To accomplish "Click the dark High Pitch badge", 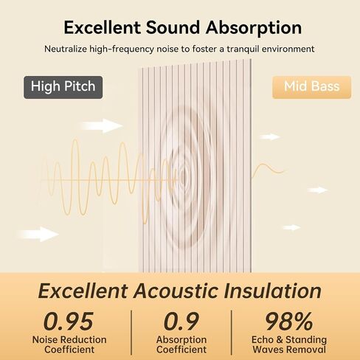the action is (x=63, y=87).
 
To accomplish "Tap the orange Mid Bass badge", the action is (x=311, y=87).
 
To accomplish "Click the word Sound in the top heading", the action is (x=173, y=27).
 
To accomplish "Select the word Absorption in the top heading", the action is (x=254, y=28).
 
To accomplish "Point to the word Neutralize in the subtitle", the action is (x=66, y=49).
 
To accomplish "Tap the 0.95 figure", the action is (x=69, y=321).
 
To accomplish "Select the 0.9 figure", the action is (x=181, y=321).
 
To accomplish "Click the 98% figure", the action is (x=289, y=321).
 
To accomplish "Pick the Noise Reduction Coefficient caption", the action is (x=69, y=345).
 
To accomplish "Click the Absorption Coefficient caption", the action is (x=181, y=345).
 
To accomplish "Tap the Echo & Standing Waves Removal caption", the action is (x=289, y=345).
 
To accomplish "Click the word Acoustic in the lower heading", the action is (x=176, y=291).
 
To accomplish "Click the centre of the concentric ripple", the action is (x=182, y=176).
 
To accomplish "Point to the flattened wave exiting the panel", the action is (x=269, y=170).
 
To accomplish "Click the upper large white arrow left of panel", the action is (x=101, y=125).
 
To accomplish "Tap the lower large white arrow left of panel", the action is (x=38, y=234).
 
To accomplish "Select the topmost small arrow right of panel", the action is (x=270, y=136).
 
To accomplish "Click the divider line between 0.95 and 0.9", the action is (x=131, y=333).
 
